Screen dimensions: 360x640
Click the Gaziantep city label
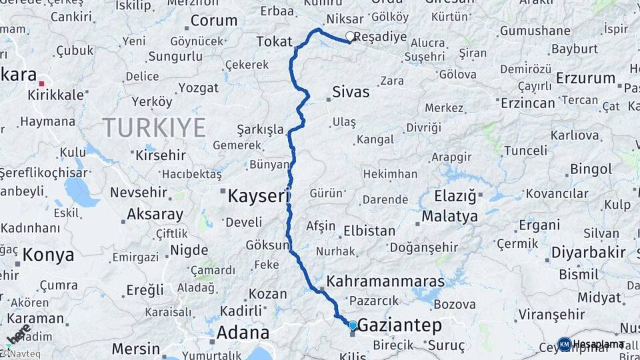point(400,325)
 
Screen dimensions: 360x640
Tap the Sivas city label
point(351,92)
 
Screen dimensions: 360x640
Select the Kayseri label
point(259,196)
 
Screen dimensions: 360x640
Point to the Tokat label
point(275,42)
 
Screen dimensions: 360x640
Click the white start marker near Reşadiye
point(350,37)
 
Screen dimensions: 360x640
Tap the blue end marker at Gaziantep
point(353,325)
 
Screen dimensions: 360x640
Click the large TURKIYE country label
point(153,127)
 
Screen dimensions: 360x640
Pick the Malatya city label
point(449,217)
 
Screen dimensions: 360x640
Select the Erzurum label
point(585,78)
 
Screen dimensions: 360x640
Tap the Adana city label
point(243,332)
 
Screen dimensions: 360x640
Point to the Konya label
point(48,255)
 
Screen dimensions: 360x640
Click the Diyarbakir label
point(589,253)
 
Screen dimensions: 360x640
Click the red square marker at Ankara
point(41,83)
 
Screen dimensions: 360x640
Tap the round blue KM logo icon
point(564,344)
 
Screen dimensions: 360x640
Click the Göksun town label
point(267,245)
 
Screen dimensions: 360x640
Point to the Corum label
point(213,21)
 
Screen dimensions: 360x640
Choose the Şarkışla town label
point(260,129)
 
